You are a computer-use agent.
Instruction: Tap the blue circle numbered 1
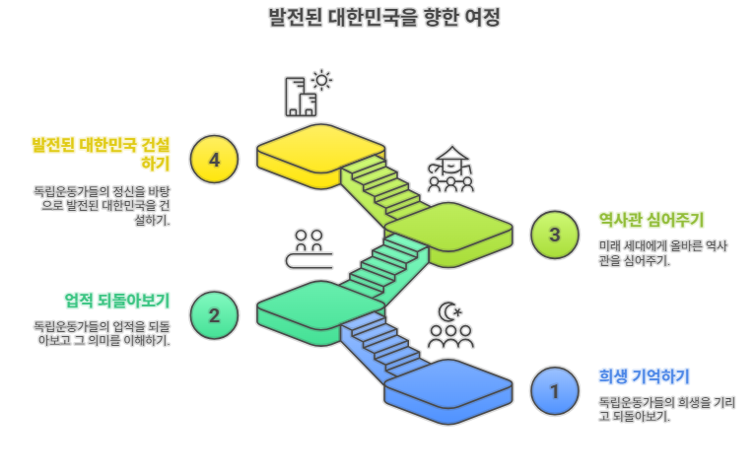(x=554, y=391)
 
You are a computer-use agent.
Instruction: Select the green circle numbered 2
(x=214, y=315)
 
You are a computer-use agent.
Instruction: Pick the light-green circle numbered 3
(x=554, y=235)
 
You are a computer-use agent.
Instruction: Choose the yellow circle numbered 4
(x=214, y=159)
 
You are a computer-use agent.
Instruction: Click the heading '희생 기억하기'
(x=644, y=375)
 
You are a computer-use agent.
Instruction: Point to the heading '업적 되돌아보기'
(x=117, y=300)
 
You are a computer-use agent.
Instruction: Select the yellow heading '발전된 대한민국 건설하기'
(x=101, y=154)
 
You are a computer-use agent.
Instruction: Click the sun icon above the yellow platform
(x=321, y=80)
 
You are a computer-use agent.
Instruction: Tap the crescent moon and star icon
(x=450, y=311)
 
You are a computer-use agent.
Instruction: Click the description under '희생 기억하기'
(x=666, y=409)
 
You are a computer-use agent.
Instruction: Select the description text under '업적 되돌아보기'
(x=102, y=333)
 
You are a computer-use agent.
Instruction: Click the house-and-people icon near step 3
(x=450, y=170)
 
